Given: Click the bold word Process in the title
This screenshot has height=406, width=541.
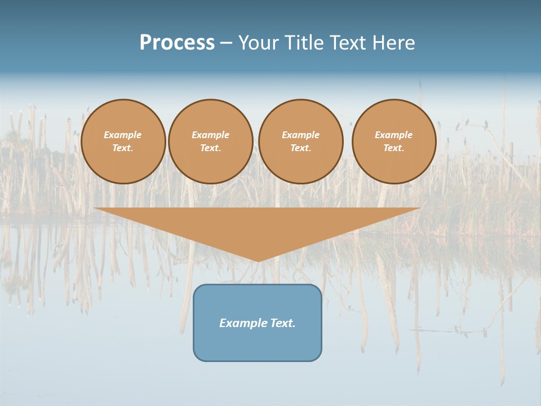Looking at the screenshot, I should pyautogui.click(x=177, y=43).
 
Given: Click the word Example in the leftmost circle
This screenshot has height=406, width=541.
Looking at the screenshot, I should pyautogui.click(x=123, y=135).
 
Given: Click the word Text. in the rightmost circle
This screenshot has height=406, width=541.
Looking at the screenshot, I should pyautogui.click(x=394, y=148).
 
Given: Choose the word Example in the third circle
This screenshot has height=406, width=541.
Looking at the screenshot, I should pyautogui.click(x=301, y=135).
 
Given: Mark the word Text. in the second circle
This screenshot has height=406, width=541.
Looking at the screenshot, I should pyautogui.click(x=211, y=148).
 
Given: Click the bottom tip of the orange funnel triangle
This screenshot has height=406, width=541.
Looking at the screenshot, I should pyautogui.click(x=258, y=260).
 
